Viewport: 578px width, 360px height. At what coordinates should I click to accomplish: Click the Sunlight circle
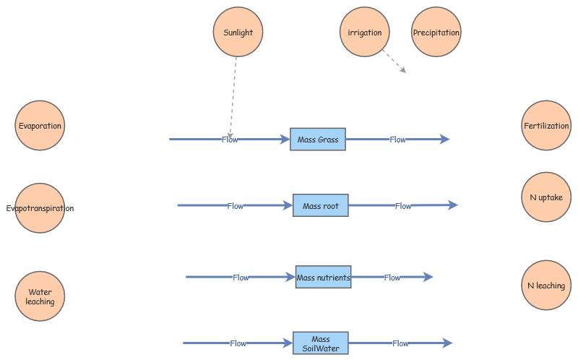coord(238,33)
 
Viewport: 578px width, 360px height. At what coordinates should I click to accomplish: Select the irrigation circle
coord(364,33)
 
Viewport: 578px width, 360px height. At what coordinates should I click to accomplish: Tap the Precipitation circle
coord(436,33)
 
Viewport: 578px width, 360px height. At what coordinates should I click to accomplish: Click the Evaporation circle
coord(40,125)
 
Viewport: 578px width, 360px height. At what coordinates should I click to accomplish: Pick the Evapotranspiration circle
coord(40,208)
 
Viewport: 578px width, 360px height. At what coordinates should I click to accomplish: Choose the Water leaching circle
coord(40,296)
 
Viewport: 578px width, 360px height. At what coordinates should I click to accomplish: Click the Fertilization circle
coord(546,125)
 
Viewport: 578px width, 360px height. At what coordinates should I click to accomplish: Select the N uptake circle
coord(546,197)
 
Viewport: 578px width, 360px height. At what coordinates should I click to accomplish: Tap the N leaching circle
coord(546,286)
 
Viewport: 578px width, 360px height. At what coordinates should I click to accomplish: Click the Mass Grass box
coord(318,140)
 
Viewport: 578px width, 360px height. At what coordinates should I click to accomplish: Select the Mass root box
coord(321,206)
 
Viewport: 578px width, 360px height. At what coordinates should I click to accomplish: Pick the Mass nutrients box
coord(323,277)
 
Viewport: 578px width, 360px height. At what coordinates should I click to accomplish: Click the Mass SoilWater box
coord(321,343)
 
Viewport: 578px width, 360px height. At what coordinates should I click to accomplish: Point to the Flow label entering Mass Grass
coord(230,140)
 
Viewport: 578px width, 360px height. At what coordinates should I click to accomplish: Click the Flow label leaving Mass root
coord(403,206)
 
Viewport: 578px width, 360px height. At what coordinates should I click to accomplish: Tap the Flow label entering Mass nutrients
coord(241,278)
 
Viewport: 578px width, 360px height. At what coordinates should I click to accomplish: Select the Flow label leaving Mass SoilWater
coord(400,343)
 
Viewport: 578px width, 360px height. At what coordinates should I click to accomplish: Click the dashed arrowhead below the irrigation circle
coord(402,70)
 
